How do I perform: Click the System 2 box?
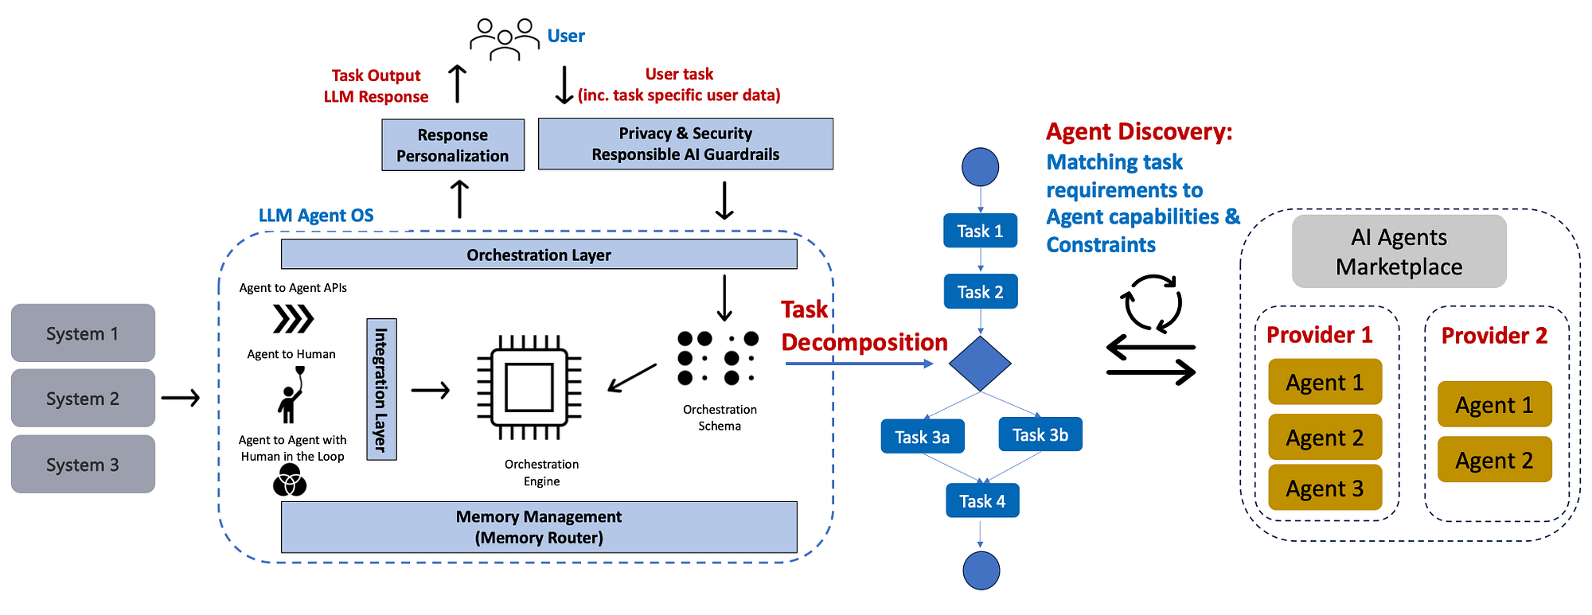83,398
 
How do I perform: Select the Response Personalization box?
452,145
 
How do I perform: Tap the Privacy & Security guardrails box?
685,144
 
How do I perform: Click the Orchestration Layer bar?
539,255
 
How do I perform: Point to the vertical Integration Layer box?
381,389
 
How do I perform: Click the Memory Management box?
539,527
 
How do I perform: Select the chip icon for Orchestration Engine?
529,387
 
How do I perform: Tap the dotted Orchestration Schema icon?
717,358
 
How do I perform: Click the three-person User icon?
505,39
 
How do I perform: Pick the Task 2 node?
980,292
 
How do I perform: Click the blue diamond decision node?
980,364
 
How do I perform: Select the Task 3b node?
1040,434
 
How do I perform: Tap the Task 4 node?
981,501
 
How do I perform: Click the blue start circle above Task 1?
980,167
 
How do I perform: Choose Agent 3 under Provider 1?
1325,488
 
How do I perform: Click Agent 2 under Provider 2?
1494,460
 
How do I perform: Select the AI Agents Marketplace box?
1399,251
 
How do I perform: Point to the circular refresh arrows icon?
1151,303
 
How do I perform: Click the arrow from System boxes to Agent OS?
181,398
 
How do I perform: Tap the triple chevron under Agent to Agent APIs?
293,319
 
